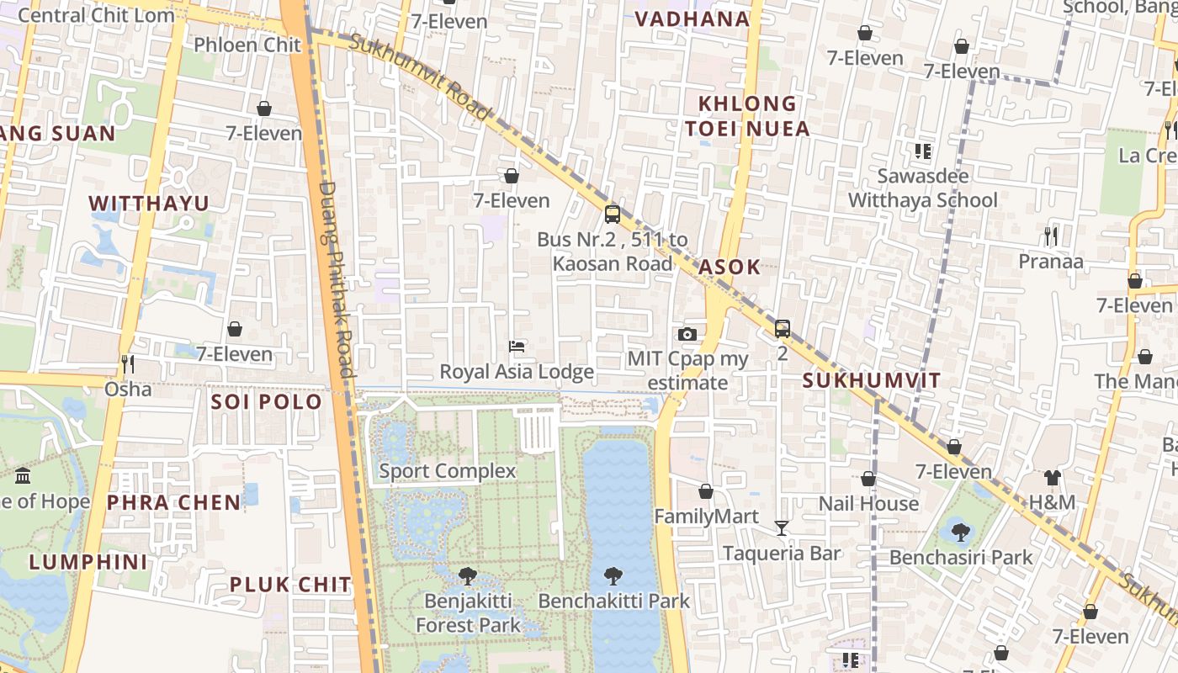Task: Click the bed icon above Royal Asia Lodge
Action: coord(517,347)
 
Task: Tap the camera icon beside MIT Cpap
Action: coord(687,334)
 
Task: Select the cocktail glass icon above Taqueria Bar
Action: coord(782,527)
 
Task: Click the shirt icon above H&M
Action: coord(1052,478)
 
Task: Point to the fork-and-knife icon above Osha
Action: coord(128,363)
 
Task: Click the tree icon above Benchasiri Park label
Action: coord(960,532)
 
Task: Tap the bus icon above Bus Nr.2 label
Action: coord(613,214)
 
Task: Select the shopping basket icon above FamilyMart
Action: coord(706,491)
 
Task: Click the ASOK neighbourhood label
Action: coord(730,268)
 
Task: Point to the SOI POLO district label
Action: coord(267,401)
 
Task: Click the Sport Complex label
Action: coord(447,471)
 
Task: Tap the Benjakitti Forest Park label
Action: coord(468,613)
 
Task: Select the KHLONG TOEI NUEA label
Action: coord(747,116)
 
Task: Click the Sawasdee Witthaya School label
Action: coord(923,188)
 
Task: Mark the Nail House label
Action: coord(868,504)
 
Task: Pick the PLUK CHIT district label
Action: coord(290,584)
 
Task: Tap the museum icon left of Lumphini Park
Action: coord(23,475)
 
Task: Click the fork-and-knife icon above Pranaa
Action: coord(1050,236)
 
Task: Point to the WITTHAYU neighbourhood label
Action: coord(149,204)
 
